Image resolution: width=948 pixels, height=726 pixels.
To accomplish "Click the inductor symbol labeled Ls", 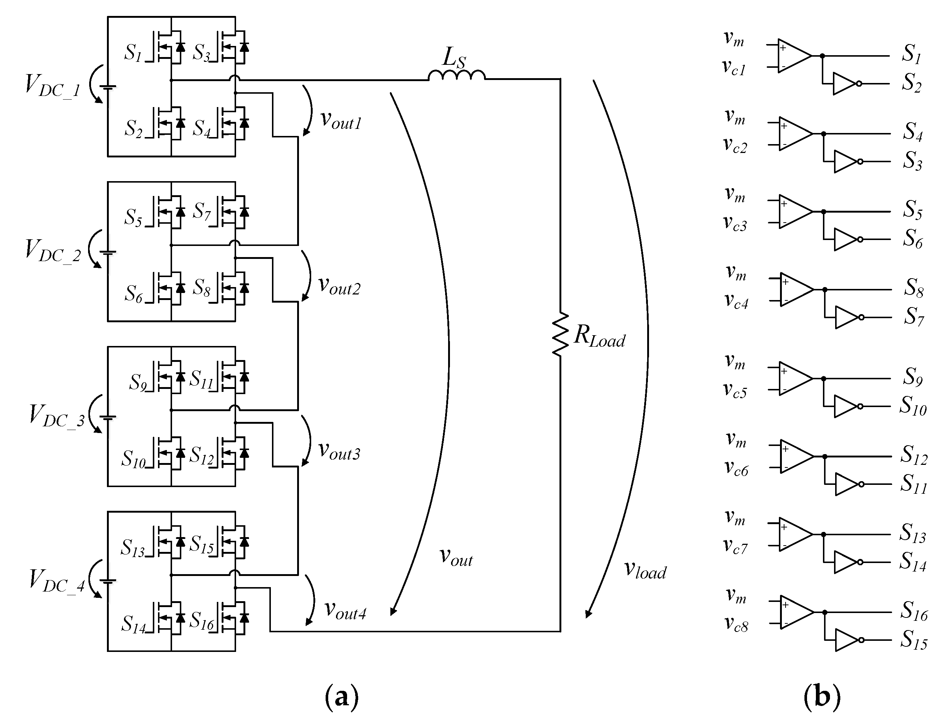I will [x=456, y=76].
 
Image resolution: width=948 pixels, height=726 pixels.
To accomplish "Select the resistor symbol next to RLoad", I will [x=560, y=335].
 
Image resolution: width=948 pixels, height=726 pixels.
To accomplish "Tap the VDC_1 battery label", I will [x=52, y=85].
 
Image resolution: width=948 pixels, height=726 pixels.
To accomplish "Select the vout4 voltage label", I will [x=345, y=611].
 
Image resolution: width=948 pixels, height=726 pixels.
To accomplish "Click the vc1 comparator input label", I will [x=734, y=68].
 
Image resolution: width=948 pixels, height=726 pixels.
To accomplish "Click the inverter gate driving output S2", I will [x=845, y=84].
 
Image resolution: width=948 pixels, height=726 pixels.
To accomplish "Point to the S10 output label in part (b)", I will [x=912, y=406].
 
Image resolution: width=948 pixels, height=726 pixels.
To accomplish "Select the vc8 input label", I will [x=736, y=625].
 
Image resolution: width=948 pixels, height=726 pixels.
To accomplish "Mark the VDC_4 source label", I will [x=57, y=580].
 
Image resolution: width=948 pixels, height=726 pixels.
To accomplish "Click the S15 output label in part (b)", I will [x=914, y=640].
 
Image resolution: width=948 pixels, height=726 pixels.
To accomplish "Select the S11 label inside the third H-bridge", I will [x=202, y=379].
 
